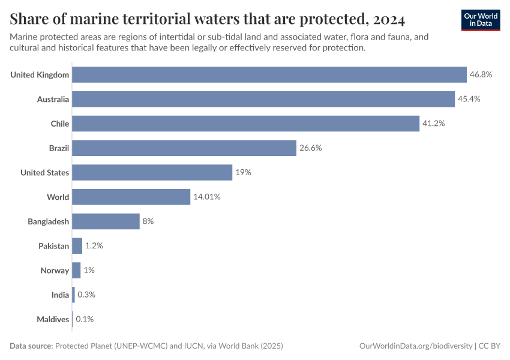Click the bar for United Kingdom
tap(269, 74)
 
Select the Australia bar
tap(263, 99)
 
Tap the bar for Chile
tap(245, 124)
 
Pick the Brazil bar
tap(184, 148)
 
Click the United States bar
tap(152, 173)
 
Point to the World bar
tap(131, 197)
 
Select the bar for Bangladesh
tap(106, 221)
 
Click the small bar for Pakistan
tap(77, 246)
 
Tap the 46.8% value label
tap(481, 74)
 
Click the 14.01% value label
tap(207, 197)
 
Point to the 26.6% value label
tap(311, 148)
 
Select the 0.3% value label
tap(86, 295)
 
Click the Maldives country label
tap(52, 319)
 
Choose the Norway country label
tap(55, 271)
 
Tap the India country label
tap(60, 295)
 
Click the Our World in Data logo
tap(481, 20)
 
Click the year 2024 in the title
tap(388, 20)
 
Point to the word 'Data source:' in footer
tap(31, 346)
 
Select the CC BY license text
tap(490, 346)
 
